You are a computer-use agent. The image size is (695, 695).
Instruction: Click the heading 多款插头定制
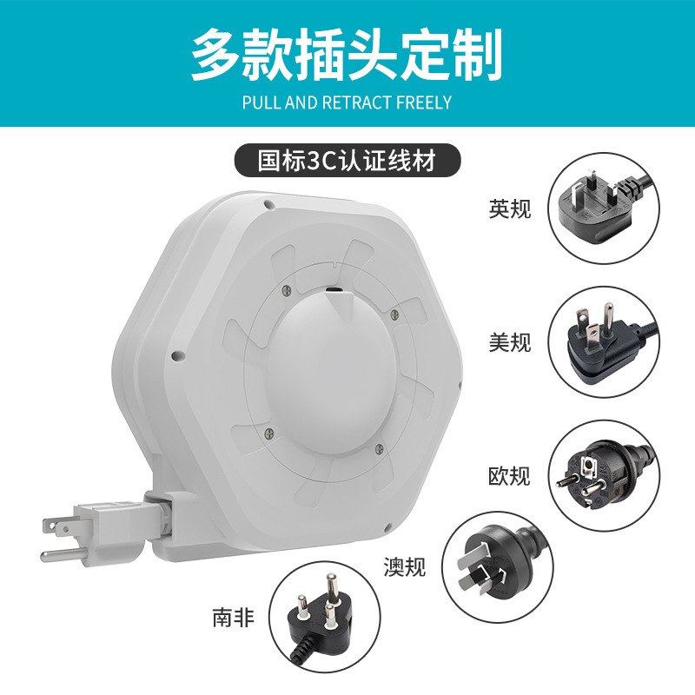pos(347,55)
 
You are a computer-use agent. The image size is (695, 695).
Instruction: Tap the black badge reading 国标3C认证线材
pos(347,160)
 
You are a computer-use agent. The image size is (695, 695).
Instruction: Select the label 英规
pos(509,209)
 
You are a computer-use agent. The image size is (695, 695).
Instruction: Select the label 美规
pos(509,342)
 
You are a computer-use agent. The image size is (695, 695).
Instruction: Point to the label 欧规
pos(509,476)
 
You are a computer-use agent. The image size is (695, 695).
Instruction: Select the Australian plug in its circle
pos(495,565)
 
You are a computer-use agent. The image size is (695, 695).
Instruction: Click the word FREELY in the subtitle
pos(424,103)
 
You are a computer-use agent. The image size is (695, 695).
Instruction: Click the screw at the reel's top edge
pos(269,205)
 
